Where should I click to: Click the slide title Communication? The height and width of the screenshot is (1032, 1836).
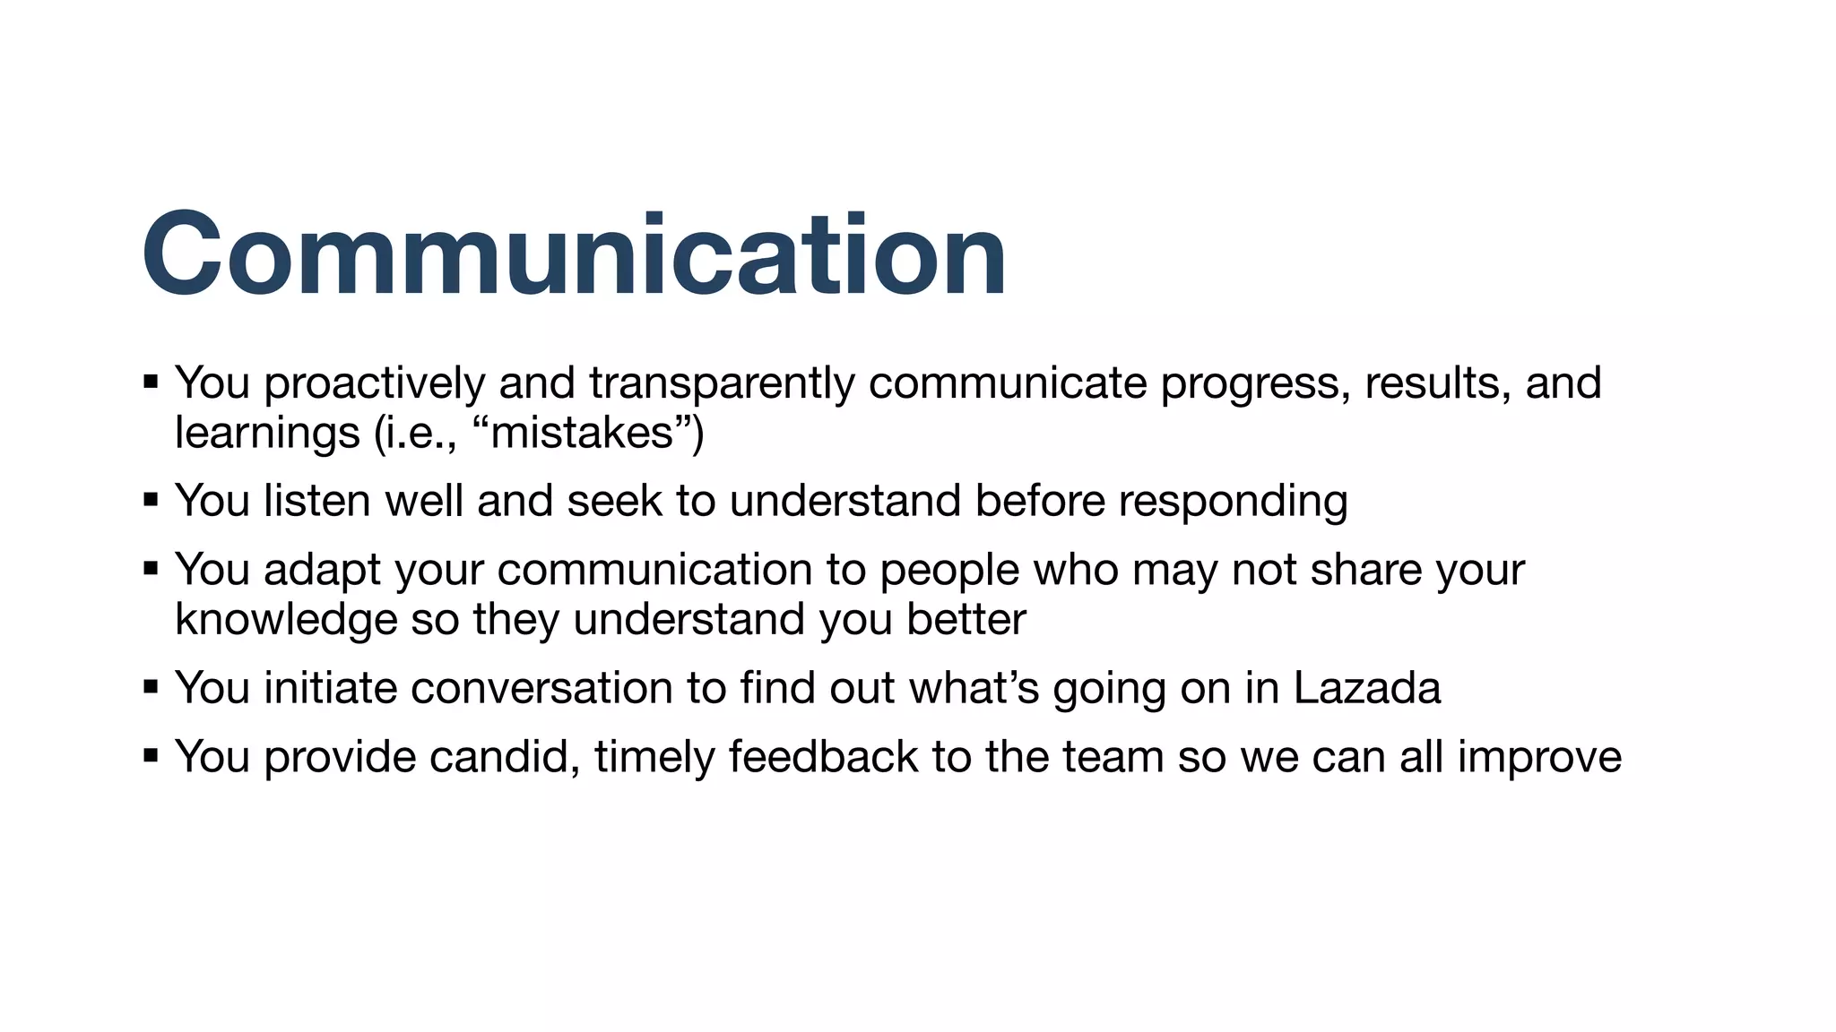tap(574, 254)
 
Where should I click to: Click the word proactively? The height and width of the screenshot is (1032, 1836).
tap(374, 384)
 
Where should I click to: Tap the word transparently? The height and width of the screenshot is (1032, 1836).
tap(722, 384)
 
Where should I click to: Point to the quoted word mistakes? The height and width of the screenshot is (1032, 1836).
tap(582, 434)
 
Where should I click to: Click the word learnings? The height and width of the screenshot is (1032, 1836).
tap(267, 434)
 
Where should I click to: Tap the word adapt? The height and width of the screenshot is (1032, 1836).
tap(322, 572)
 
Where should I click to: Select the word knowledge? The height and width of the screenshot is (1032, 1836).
tap(286, 621)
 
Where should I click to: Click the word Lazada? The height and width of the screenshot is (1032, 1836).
tap(1366, 689)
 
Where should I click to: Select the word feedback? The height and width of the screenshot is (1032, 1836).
tap(823, 757)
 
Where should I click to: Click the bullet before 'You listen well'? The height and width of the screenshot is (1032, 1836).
tap(151, 499)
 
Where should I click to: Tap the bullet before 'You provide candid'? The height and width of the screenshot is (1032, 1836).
tap(151, 755)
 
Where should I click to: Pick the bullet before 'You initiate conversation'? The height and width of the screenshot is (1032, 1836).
tap(151, 687)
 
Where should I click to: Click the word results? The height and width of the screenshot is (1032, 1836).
tap(1432, 384)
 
